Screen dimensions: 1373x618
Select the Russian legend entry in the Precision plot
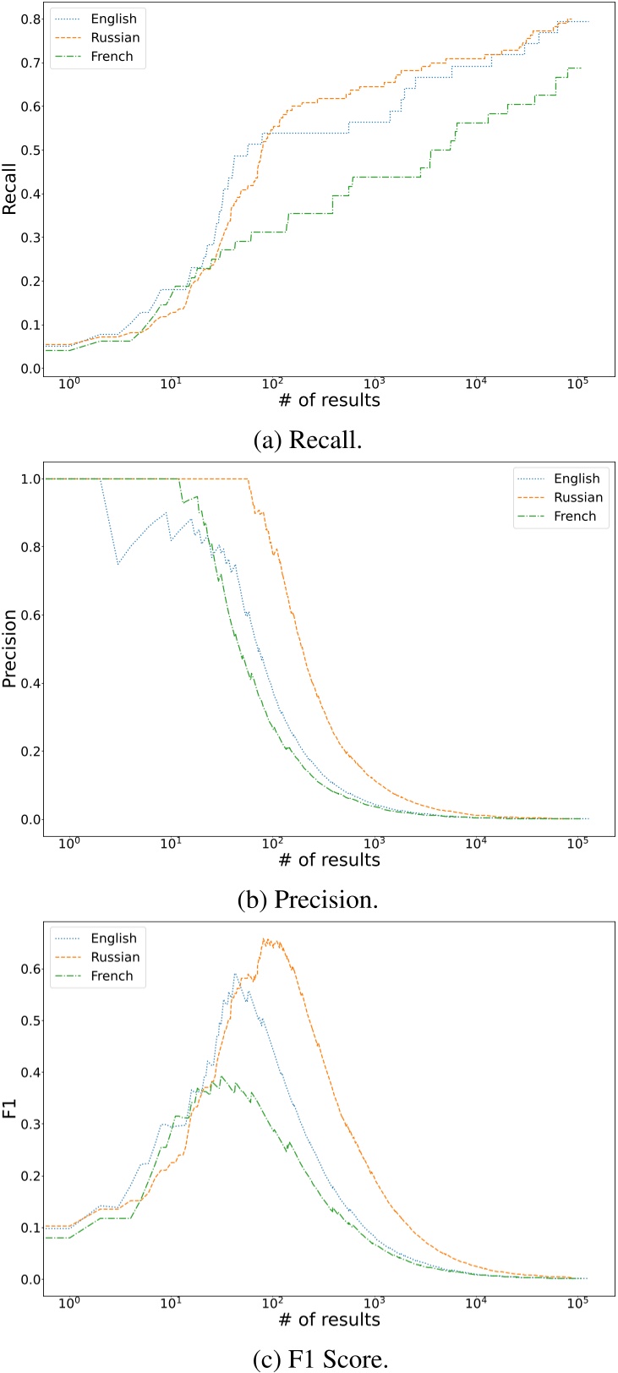tap(579, 497)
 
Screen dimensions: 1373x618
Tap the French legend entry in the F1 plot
tap(112, 976)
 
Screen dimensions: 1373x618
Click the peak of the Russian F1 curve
tap(265, 938)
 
